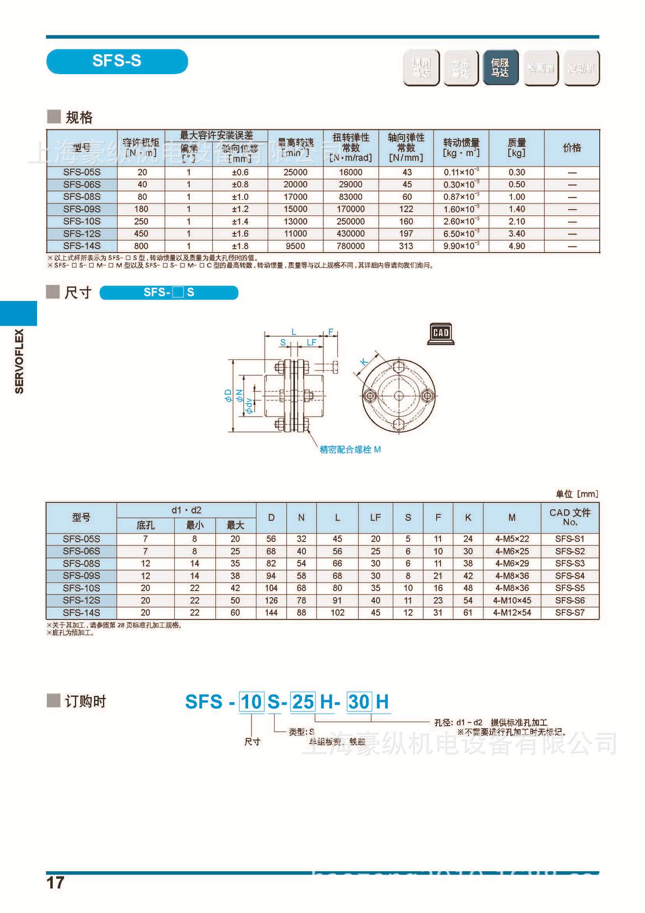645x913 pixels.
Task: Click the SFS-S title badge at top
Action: [x=117, y=61]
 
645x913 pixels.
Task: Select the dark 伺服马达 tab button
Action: [x=500, y=68]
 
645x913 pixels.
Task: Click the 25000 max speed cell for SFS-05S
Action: [x=295, y=172]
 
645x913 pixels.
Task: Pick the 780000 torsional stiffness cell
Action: [x=350, y=246]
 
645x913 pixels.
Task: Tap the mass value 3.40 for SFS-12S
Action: [x=516, y=233]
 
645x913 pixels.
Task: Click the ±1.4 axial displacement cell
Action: [x=240, y=221]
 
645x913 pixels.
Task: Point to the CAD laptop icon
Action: [x=441, y=333]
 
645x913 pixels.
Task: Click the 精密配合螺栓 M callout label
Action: [x=350, y=449]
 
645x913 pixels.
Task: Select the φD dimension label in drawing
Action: [x=229, y=396]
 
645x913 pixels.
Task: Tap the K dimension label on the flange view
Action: [x=364, y=361]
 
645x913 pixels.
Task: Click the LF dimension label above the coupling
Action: [x=311, y=342]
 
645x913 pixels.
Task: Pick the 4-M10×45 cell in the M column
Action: [x=512, y=601]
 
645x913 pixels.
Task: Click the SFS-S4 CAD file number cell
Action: [x=569, y=576]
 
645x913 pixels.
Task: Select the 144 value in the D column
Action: [x=271, y=612]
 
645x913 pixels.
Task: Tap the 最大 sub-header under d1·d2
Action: [x=235, y=525]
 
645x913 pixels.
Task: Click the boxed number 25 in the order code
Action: [x=303, y=702]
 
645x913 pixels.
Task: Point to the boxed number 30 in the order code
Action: [x=359, y=702]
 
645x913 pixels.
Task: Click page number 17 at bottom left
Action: [x=55, y=883]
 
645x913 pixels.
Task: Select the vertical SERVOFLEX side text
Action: [x=19, y=361]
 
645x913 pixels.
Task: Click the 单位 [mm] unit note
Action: [x=577, y=494]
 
